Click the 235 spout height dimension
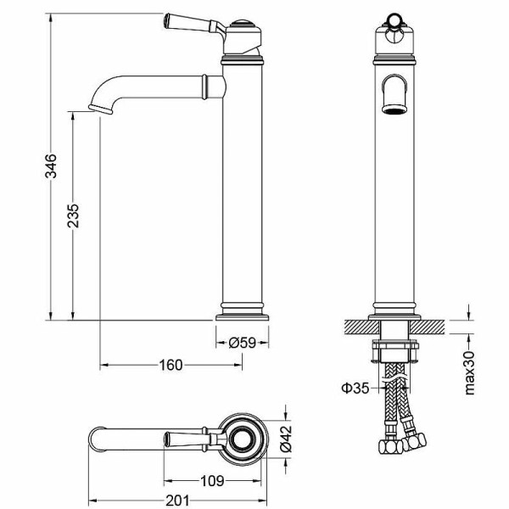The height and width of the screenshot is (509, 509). coord(74,218)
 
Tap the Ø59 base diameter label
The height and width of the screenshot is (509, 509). coord(243,343)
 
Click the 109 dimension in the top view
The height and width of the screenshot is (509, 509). coord(213,481)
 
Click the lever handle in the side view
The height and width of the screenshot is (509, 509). coord(191,23)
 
